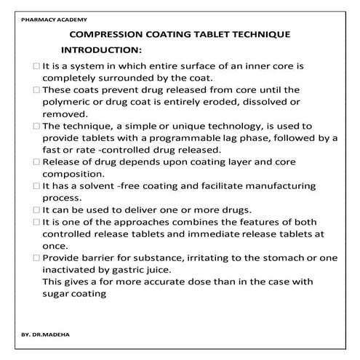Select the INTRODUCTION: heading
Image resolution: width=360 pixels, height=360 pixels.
100,50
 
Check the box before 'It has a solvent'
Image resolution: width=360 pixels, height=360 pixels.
37,186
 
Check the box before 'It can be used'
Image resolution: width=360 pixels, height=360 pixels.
37,210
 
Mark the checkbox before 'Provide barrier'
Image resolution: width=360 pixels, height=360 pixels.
37,258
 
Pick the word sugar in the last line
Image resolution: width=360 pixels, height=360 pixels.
56,295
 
